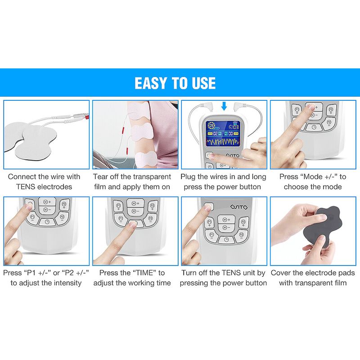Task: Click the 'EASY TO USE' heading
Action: (x=175, y=83)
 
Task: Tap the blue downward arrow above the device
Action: (x=224, y=106)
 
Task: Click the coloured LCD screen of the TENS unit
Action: (x=222, y=134)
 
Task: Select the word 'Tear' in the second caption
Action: (x=100, y=176)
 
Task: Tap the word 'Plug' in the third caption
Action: (x=188, y=177)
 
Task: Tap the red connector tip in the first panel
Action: (x=86, y=117)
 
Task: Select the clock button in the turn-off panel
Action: (x=226, y=240)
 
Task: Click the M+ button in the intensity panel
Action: (x=47, y=202)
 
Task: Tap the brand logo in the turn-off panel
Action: (x=239, y=207)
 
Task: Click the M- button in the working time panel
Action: (x=135, y=211)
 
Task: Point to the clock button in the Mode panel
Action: (x=314, y=126)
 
